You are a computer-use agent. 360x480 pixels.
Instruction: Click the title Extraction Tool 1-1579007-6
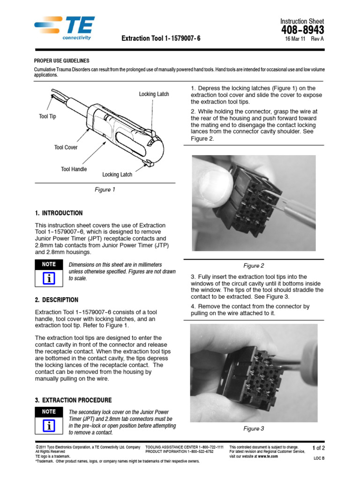(x=161, y=38)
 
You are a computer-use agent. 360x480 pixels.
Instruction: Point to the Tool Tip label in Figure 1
(x=47, y=116)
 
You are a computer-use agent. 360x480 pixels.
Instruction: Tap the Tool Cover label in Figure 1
(x=66, y=148)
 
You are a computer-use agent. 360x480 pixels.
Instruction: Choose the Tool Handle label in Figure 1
(x=74, y=169)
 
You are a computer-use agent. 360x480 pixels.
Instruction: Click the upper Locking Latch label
(x=154, y=94)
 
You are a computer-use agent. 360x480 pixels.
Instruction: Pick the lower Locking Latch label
(x=117, y=175)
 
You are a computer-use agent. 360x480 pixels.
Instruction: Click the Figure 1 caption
(x=105, y=190)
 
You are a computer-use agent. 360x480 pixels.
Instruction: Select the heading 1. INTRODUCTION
(x=59, y=213)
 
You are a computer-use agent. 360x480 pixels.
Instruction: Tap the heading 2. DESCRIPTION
(x=57, y=300)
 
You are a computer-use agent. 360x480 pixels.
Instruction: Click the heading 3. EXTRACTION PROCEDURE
(x=73, y=400)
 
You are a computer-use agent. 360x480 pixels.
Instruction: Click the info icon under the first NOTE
(x=48, y=278)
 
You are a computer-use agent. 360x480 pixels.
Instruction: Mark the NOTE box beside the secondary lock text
(x=48, y=412)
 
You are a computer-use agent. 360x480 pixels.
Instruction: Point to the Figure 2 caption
(x=254, y=266)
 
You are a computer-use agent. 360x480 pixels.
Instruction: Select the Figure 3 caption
(x=254, y=428)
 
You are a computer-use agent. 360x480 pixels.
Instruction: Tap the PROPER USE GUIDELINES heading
(x=62, y=61)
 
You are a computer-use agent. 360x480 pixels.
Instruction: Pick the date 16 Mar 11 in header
(x=295, y=39)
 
